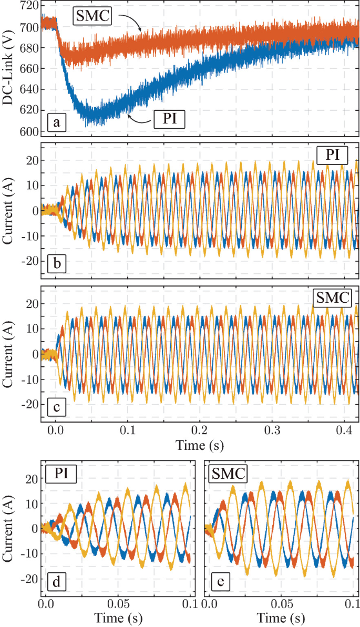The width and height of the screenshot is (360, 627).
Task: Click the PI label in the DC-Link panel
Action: point(170,120)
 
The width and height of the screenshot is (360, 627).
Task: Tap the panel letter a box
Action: point(56,124)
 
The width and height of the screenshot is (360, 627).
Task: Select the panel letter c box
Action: point(56,407)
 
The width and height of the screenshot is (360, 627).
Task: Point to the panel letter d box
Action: point(56,581)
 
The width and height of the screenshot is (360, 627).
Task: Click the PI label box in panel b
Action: point(332,155)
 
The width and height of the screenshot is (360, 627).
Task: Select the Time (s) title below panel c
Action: point(199,446)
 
